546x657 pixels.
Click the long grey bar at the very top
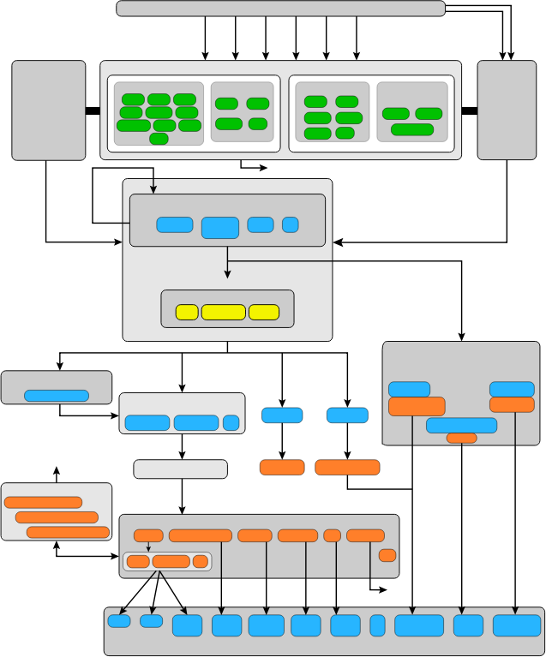(x=280, y=9)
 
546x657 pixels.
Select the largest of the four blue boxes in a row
(x=219, y=227)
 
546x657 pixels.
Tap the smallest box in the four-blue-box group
(x=290, y=224)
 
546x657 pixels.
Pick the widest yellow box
(x=223, y=312)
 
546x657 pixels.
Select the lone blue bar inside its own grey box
(x=57, y=396)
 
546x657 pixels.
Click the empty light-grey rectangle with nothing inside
(x=180, y=469)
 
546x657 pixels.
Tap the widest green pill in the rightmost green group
(x=412, y=129)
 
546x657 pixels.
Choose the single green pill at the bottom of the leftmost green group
(x=159, y=139)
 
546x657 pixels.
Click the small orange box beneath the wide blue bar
(x=461, y=438)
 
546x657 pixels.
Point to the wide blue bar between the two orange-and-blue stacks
(x=461, y=425)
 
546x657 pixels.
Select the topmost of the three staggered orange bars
(x=43, y=503)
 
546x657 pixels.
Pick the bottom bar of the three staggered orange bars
(x=68, y=532)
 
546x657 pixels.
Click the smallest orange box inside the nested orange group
(x=201, y=562)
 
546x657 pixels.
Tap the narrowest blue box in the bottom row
(x=377, y=625)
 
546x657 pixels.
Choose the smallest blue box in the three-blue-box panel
(x=231, y=422)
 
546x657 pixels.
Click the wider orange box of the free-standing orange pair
(x=347, y=467)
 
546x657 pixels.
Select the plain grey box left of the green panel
(x=49, y=110)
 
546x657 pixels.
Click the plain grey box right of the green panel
(x=506, y=110)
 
